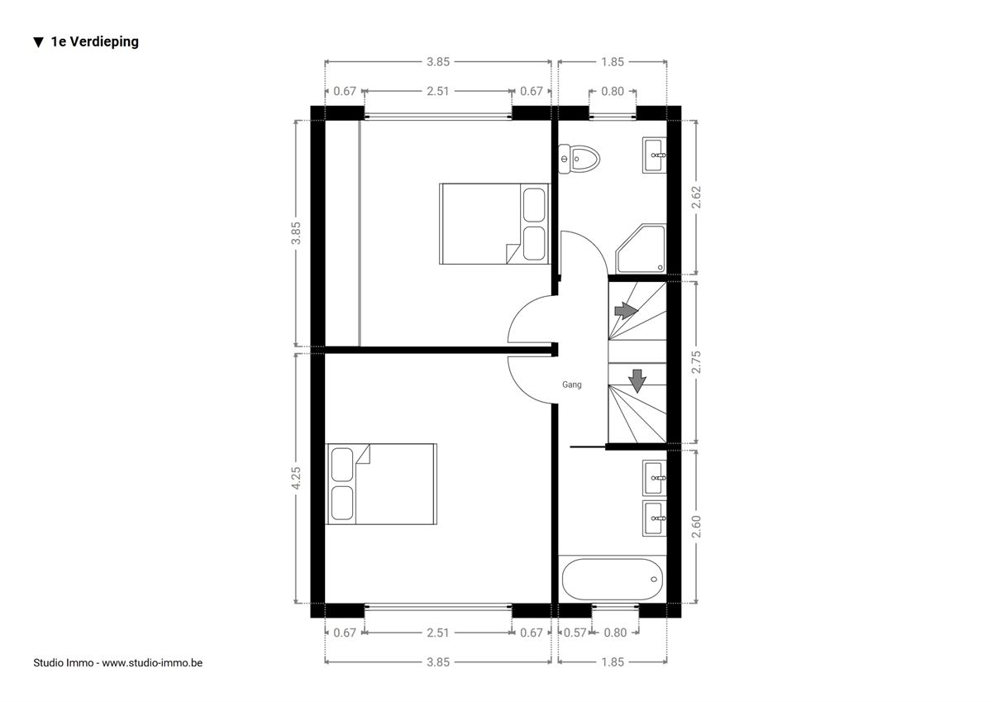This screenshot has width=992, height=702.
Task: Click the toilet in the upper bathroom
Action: [579, 158]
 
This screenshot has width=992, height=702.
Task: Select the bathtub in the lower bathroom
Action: [613, 579]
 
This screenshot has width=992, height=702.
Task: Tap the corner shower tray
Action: [641, 248]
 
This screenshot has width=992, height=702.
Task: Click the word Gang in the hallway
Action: [572, 384]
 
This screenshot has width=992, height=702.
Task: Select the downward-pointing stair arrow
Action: [637, 381]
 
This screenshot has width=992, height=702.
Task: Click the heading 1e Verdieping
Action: [95, 41]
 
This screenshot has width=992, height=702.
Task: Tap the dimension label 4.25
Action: [296, 478]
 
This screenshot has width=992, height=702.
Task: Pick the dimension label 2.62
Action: [696, 197]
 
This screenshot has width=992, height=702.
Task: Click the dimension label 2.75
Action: [696, 362]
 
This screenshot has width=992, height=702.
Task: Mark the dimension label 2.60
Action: [696, 527]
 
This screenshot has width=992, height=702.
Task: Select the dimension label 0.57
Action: [575, 633]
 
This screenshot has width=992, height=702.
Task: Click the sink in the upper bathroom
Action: [655, 155]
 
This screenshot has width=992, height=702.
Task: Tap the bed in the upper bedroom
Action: [494, 224]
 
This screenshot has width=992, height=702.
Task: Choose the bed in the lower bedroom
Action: [381, 484]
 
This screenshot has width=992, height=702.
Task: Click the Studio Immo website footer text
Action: [117, 663]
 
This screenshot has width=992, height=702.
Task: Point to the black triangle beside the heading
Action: [39, 42]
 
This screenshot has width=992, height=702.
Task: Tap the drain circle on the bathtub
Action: [654, 580]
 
